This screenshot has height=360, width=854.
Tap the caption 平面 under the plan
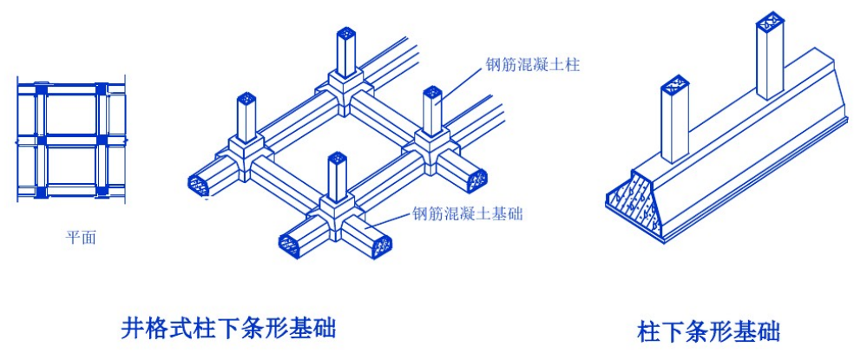click(81, 238)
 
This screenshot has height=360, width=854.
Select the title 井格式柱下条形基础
click(228, 328)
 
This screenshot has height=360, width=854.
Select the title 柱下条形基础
click(709, 331)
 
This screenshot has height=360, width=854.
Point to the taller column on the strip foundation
click(771, 61)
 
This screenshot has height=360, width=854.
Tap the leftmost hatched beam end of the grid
click(200, 181)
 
